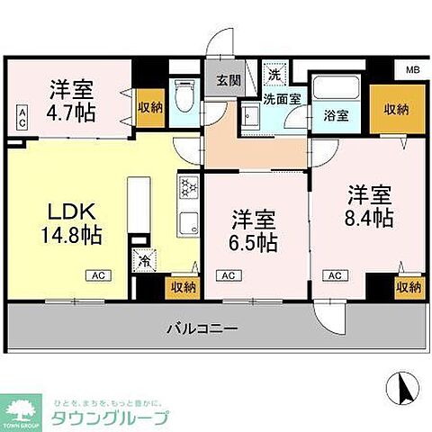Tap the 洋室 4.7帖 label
point(71,101)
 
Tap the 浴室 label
point(336,115)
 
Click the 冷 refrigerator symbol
point(144,261)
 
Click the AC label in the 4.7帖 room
point(22,113)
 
